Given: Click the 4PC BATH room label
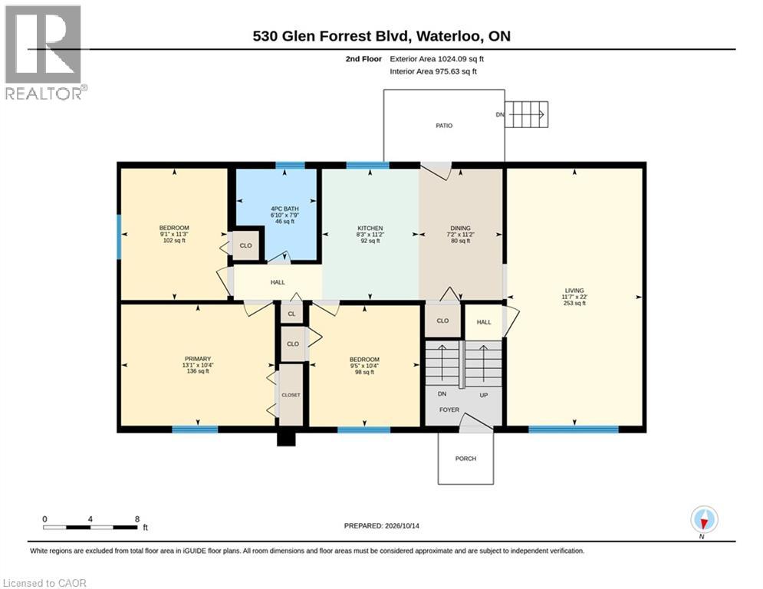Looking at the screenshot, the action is point(284,209).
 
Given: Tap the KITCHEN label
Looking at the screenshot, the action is point(370,229).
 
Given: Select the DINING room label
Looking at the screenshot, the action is point(460,228).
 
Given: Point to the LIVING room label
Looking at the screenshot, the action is point(574,291).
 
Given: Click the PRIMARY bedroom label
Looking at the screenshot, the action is point(198,359).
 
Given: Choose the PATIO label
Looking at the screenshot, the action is point(444,126).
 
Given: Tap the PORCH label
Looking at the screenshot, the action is point(465,459).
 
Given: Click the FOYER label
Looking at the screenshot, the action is point(449,410).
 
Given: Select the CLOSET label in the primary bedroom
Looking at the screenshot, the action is point(291,395).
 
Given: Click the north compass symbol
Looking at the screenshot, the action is point(704,519).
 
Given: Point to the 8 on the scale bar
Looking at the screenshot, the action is point(137,519).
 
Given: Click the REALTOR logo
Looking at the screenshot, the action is point(44,53).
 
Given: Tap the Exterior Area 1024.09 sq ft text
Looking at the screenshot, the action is point(436,59).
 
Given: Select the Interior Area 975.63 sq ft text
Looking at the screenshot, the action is point(433,71).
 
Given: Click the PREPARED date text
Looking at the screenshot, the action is point(382,525).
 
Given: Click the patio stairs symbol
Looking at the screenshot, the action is point(527,114).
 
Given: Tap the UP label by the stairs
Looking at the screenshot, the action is point(484,395).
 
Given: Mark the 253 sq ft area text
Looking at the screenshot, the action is point(574,303).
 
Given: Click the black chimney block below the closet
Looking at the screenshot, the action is point(287,439).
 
